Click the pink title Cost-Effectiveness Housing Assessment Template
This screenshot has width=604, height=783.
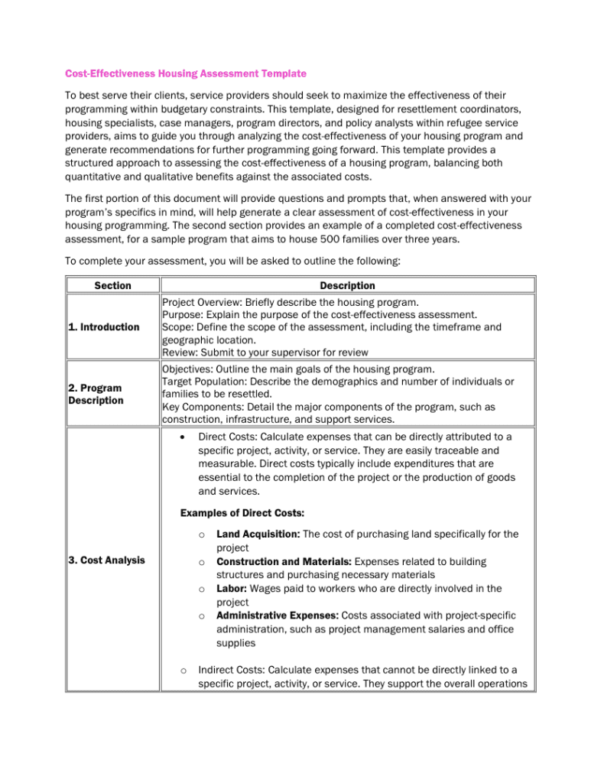click(186, 73)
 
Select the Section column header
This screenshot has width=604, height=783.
click(112, 285)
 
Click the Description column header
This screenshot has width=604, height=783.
click(347, 285)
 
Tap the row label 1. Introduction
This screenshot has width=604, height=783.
click(104, 327)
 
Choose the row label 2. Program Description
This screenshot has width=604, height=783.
click(96, 394)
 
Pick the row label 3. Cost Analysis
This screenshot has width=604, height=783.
click(106, 560)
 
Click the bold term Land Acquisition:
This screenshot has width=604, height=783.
click(258, 534)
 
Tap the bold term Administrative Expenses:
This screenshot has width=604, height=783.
click(277, 615)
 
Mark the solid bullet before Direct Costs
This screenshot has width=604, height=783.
click(182, 437)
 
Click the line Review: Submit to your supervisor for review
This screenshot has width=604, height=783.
click(265, 353)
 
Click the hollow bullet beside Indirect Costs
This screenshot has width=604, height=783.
click(183, 671)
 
